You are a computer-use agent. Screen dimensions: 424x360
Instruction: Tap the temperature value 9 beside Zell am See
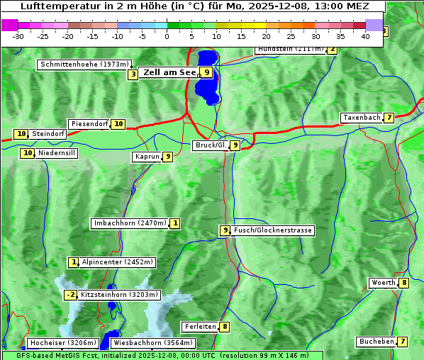pyautogui.click(x=206, y=72)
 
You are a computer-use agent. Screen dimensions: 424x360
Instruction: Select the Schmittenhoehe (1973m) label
pyautogui.click(x=84, y=64)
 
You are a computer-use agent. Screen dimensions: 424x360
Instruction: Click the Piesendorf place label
pyautogui.click(x=89, y=124)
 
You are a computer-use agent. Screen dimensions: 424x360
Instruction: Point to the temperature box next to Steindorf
pyautogui.click(x=21, y=134)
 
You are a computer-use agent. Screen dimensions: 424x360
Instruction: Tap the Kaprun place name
pyautogui.click(x=147, y=157)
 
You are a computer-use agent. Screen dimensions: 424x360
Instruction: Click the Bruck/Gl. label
pyautogui.click(x=211, y=145)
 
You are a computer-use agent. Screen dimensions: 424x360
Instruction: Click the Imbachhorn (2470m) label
pyautogui.click(x=130, y=223)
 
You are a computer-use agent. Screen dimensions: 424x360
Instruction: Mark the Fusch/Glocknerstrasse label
pyautogui.click(x=273, y=230)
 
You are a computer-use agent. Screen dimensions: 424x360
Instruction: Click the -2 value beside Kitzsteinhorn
pyautogui.click(x=70, y=295)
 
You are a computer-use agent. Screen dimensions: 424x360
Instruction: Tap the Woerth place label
pyautogui.click(x=383, y=283)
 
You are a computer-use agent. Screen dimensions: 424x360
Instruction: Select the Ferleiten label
pyautogui.click(x=200, y=327)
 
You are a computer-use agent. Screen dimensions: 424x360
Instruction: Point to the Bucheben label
pyautogui.click(x=376, y=342)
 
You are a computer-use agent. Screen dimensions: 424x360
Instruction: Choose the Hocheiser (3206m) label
pyautogui.click(x=58, y=343)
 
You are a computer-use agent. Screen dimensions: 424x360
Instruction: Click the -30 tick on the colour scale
pyautogui.click(x=18, y=36)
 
